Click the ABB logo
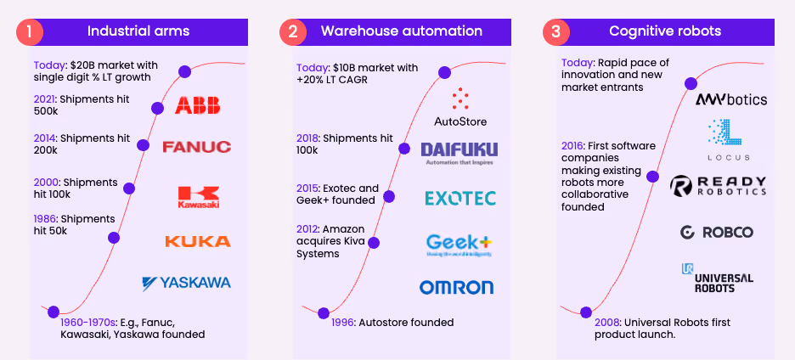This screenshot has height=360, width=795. [x=197, y=105]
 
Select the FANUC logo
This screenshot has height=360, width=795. [x=196, y=147]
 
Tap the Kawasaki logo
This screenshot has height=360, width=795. [x=198, y=196]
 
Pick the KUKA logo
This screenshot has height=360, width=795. [x=197, y=241]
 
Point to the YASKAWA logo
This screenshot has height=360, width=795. [x=186, y=283]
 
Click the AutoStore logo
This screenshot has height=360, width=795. [x=460, y=107]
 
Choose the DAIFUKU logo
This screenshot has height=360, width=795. [x=460, y=153]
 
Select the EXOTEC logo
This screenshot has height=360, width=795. [x=460, y=199]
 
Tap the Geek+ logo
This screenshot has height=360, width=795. [x=459, y=245]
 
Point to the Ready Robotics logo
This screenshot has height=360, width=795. [x=718, y=187]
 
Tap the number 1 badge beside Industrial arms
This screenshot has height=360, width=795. [x=29, y=32]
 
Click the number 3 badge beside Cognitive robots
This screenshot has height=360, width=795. [x=555, y=32]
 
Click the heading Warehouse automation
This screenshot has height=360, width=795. [x=401, y=31]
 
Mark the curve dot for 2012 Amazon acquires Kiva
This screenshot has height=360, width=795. [x=373, y=242]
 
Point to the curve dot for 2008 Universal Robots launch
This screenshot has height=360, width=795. [x=585, y=312]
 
